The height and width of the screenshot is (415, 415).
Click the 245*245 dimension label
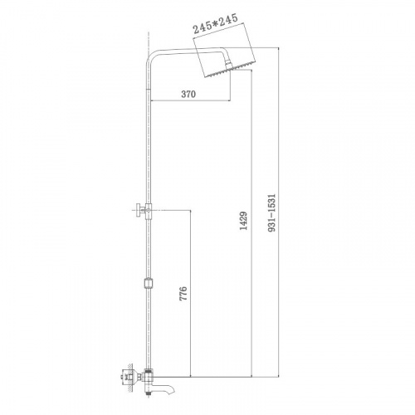[215, 23]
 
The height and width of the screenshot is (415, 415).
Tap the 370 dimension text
[188, 94]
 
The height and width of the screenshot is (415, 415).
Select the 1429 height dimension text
[243, 221]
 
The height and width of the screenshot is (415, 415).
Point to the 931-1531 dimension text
[272, 212]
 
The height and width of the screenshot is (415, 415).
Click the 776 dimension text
[183, 294]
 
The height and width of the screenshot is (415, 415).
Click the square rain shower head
[227, 62]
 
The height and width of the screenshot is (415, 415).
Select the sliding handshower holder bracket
[144, 211]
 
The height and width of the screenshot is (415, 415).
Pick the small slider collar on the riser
[149, 284]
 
